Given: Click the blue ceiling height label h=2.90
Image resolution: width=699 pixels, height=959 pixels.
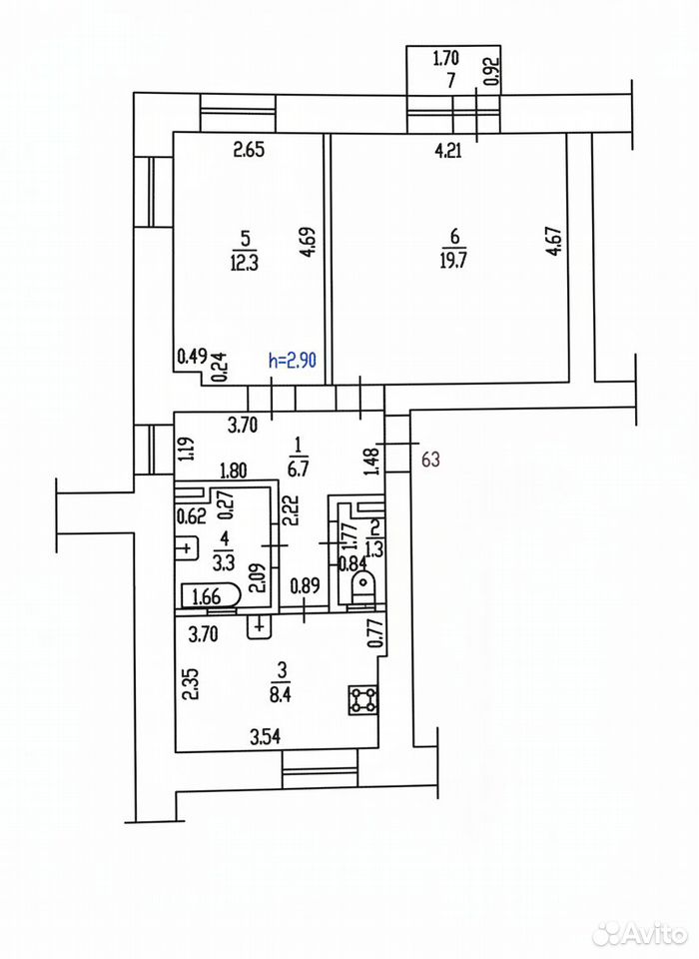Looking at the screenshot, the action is (293, 361).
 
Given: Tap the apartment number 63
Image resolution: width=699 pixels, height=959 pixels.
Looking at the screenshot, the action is (430, 459).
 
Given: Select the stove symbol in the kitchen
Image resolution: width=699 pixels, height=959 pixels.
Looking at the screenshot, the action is (363, 699).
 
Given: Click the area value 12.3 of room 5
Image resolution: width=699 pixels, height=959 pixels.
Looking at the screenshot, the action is (245, 263).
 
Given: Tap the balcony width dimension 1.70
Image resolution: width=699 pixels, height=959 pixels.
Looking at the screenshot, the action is (445, 59).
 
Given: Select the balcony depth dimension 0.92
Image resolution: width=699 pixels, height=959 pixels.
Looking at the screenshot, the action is (493, 72).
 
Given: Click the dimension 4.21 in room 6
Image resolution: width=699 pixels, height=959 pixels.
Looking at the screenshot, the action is (448, 150).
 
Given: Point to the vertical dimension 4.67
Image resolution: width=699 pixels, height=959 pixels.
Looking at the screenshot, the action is (554, 242).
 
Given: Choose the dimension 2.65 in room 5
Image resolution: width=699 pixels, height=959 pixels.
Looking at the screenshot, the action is (250, 149).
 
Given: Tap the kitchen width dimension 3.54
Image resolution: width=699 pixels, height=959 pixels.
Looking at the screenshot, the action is (266, 737).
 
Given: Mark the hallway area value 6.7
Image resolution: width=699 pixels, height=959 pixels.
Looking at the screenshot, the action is (298, 469).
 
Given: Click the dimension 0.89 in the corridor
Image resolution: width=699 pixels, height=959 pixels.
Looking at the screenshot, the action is (306, 586).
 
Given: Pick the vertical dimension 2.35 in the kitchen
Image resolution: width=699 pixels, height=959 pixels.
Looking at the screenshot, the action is (192, 685).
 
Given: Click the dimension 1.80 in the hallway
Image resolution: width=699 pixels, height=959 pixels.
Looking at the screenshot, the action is (233, 471).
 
